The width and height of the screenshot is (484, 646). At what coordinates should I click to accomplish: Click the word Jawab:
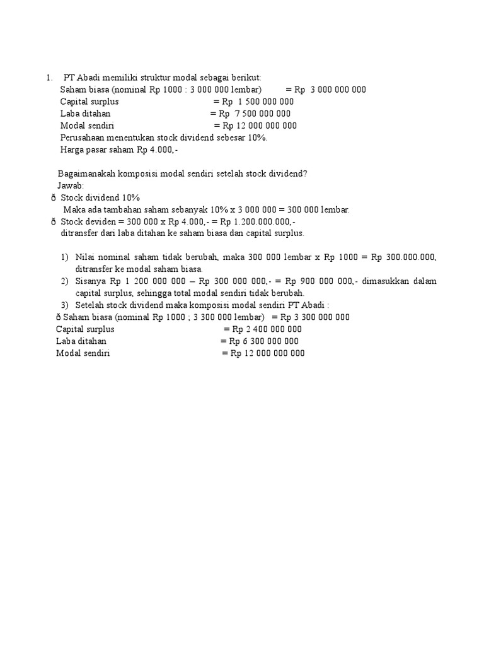70,185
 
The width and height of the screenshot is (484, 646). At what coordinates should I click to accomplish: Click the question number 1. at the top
49,78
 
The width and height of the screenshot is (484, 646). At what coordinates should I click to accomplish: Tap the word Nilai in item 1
85,257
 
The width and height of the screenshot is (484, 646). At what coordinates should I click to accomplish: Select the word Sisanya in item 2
91,281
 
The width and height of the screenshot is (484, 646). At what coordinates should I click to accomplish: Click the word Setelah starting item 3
89,305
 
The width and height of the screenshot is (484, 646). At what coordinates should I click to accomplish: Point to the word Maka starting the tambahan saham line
74,209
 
